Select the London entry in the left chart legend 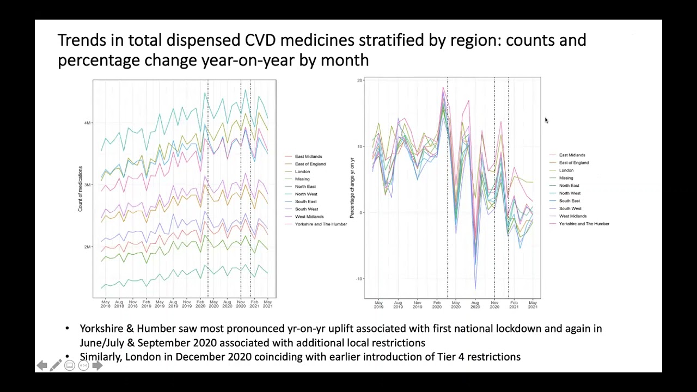pyautogui.click(x=302, y=171)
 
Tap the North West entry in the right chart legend pyautogui.click(x=570, y=193)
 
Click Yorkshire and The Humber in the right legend pyautogui.click(x=584, y=224)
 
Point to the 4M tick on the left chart pyautogui.click(x=87, y=123)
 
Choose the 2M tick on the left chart pyautogui.click(x=87, y=247)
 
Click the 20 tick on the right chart pyautogui.click(x=359, y=81)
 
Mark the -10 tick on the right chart pyautogui.click(x=359, y=279)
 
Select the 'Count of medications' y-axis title pyautogui.click(x=80, y=188)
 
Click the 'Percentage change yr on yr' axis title pyautogui.click(x=352, y=187)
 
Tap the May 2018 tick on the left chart pyautogui.click(x=105, y=304)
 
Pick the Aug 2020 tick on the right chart pyautogui.click(x=475, y=304)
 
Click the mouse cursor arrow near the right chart pyautogui.click(x=546, y=120)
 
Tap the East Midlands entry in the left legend pyautogui.click(x=308, y=157)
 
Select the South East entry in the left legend pyautogui.click(x=305, y=201)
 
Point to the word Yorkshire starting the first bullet pyautogui.click(x=101, y=329)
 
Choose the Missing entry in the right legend pyautogui.click(x=566, y=178)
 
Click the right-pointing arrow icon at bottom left pyautogui.click(x=97, y=366)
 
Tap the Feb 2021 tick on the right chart pyautogui.click(x=513, y=304)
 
